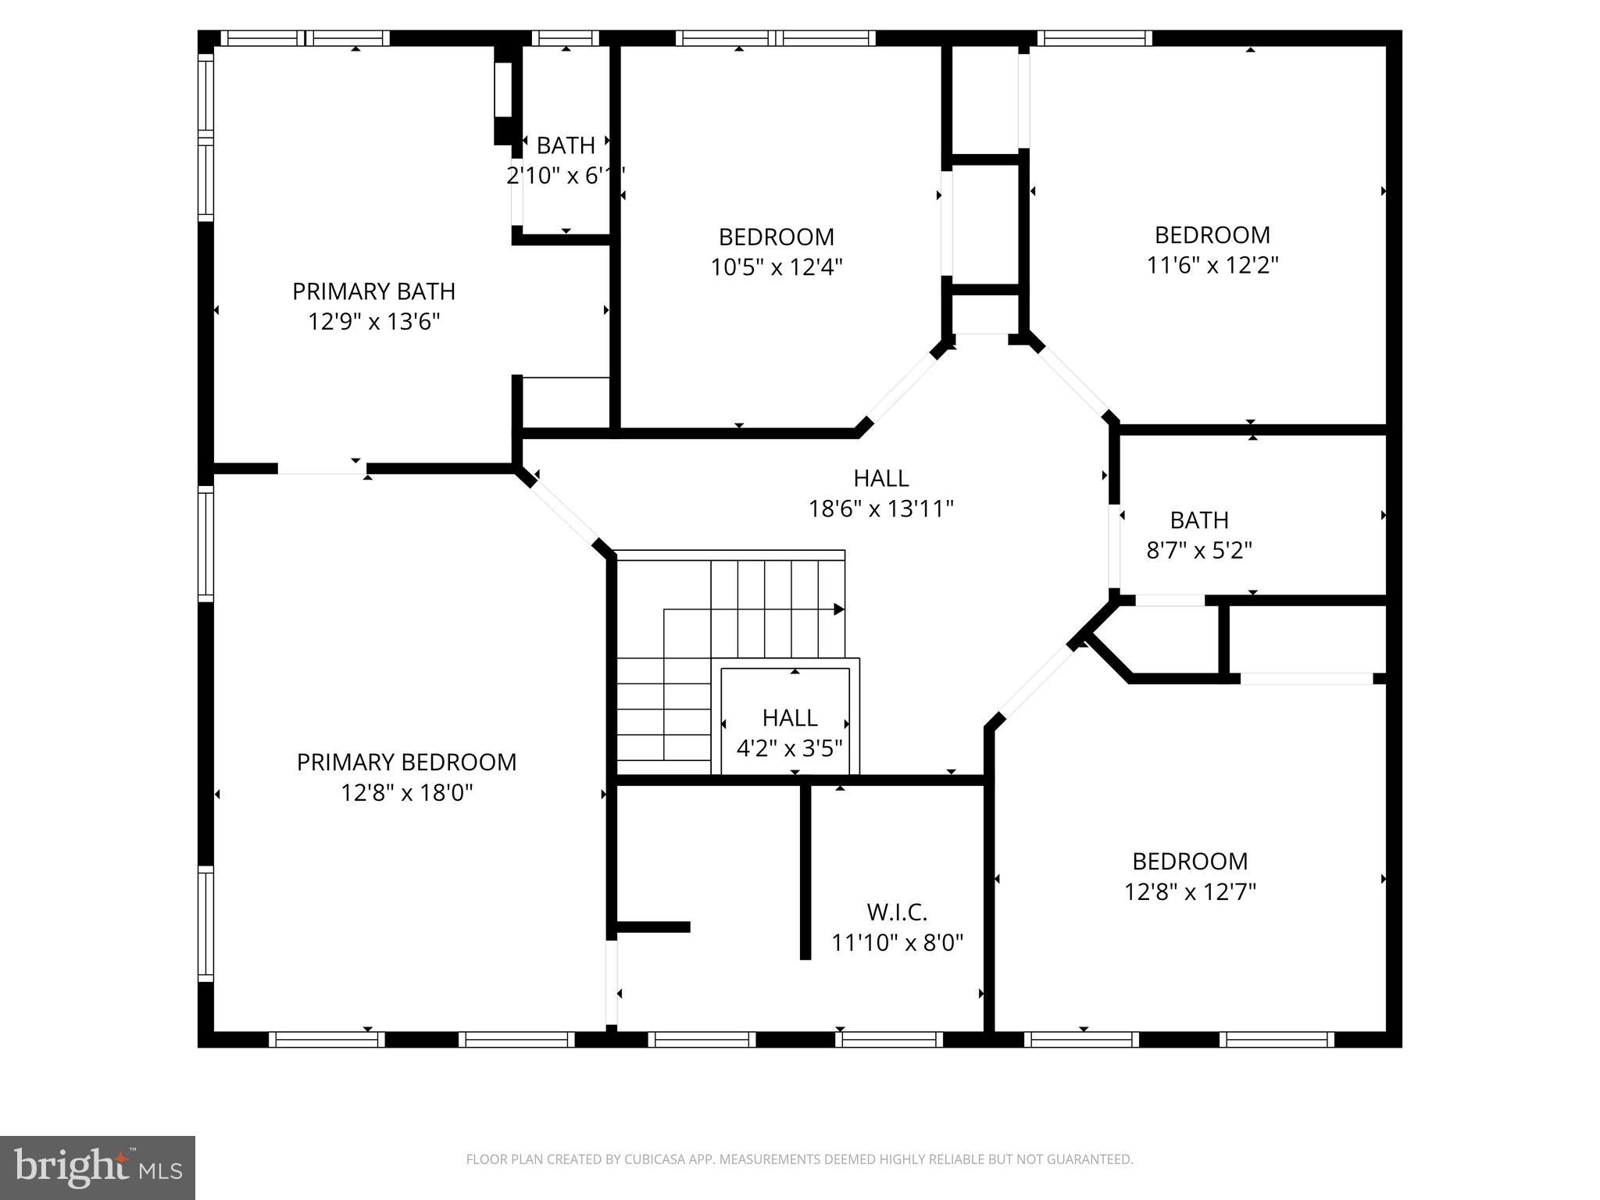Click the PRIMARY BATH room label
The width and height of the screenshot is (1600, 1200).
click(373, 291)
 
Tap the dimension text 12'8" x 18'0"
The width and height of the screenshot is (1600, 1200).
click(406, 793)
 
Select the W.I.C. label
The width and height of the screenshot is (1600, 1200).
click(896, 912)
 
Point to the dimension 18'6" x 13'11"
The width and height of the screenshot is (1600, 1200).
click(880, 509)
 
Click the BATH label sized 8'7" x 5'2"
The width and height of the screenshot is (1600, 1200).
click(1199, 520)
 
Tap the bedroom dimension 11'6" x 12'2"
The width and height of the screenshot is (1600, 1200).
click(1212, 266)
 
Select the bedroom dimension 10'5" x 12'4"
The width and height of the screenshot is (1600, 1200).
click(776, 267)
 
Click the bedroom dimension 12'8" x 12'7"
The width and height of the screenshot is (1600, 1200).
click(1189, 891)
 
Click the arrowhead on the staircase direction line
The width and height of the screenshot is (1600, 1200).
click(839, 609)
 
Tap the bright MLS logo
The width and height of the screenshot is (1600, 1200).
click(97, 1167)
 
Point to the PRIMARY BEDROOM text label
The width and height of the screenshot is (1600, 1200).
click(406, 762)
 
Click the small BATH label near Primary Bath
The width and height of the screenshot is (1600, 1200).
click(566, 146)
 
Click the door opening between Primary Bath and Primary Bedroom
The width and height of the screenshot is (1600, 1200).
click(322, 469)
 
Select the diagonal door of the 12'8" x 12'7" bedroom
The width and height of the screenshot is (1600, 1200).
click(1037, 680)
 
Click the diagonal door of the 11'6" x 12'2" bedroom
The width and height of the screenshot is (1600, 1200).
click(1073, 378)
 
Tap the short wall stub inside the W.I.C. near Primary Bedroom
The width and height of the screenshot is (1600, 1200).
click(653, 927)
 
